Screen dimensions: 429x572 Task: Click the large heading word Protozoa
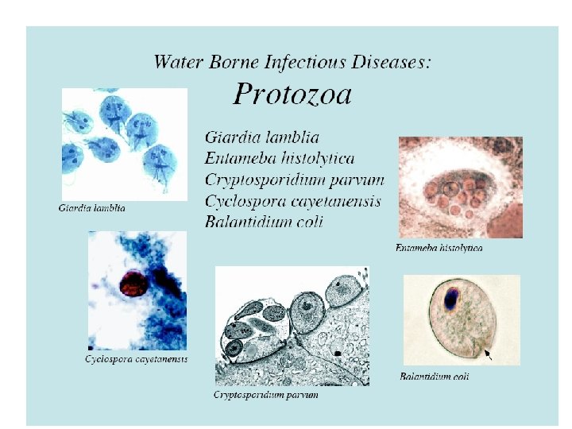pyautogui.click(x=292, y=95)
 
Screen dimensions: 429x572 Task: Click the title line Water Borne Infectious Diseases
pyautogui.click(x=292, y=61)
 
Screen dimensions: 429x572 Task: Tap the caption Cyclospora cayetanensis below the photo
pyautogui.click(x=136, y=359)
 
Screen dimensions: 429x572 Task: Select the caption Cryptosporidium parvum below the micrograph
pyautogui.click(x=266, y=395)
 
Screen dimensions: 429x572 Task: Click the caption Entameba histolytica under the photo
pyautogui.click(x=439, y=248)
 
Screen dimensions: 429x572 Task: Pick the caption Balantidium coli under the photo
pyautogui.click(x=434, y=376)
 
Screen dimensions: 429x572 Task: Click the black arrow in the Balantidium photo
pyautogui.click(x=488, y=356)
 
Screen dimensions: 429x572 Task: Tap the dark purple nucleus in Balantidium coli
pyautogui.click(x=450, y=300)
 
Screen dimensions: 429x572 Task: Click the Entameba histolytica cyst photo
pyautogui.click(x=460, y=187)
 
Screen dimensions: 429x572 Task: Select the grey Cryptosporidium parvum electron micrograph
pyautogui.click(x=292, y=326)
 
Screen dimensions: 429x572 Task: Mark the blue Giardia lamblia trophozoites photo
pyautogui.click(x=124, y=143)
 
